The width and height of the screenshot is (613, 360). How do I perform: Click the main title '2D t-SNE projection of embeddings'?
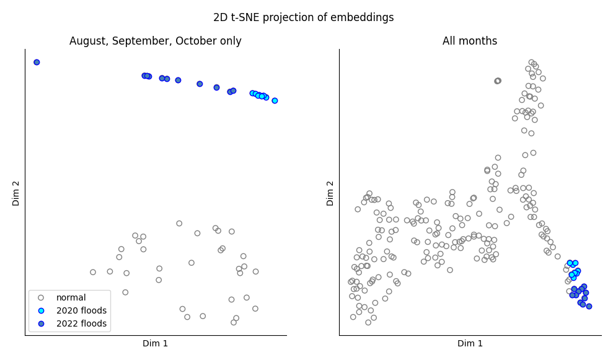click(303, 17)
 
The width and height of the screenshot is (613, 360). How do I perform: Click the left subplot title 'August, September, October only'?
click(155, 42)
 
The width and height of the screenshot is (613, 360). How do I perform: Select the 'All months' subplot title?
click(469, 42)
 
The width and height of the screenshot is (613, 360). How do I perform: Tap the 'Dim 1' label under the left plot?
click(155, 344)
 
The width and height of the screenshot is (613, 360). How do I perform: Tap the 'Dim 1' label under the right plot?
click(470, 344)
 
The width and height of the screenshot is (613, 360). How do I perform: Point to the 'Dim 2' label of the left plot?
click(16, 193)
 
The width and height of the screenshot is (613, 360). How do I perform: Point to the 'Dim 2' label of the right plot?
click(330, 193)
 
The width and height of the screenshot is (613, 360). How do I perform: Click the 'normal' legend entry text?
click(71, 297)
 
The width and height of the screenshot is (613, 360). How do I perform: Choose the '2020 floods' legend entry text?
click(81, 310)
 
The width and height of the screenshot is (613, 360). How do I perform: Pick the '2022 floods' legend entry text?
click(81, 323)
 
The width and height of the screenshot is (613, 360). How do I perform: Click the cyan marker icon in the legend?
click(41, 310)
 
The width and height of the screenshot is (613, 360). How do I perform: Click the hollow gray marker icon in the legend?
click(41, 297)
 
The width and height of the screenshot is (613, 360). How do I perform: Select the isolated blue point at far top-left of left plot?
click(37, 62)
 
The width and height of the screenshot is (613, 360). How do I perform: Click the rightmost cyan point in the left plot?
click(275, 100)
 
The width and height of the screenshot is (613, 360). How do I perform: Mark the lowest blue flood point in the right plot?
click(589, 306)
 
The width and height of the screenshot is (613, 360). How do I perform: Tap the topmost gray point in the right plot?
click(531, 62)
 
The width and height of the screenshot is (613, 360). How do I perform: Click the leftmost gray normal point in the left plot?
click(93, 272)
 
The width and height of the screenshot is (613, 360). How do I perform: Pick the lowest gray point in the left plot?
click(234, 322)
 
